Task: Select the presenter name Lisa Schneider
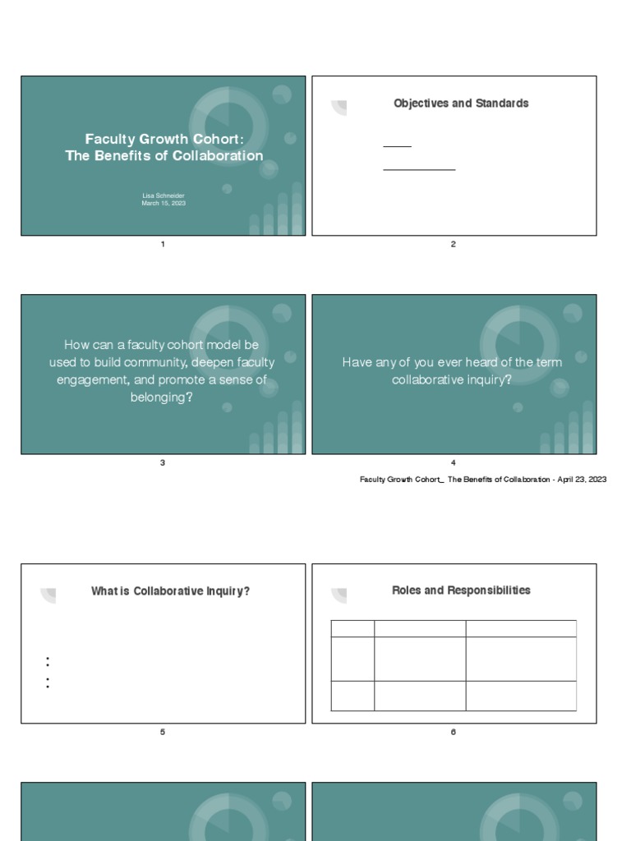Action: [163, 196]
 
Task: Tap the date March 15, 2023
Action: [163, 203]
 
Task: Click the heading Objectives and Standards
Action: [461, 103]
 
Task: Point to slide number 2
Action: [454, 244]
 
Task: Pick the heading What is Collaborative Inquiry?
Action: [170, 591]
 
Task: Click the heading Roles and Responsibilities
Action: [461, 591]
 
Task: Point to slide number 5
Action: [163, 732]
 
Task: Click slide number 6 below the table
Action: [454, 732]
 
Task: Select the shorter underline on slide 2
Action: [397, 147]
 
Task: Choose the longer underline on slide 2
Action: [419, 170]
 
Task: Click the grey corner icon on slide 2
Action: [339, 108]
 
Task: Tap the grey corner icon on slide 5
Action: [48, 595]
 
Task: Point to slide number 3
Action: [163, 462]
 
